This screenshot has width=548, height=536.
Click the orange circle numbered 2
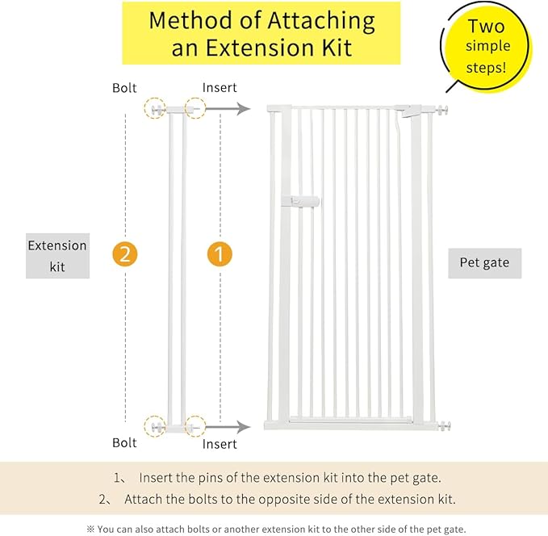pos(125,253)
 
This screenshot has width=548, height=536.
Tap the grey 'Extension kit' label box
pos(57,256)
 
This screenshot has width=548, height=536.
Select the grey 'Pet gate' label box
pos(484,262)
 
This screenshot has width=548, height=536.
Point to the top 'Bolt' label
pos(125,88)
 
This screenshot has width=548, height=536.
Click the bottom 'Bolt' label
pos(125,443)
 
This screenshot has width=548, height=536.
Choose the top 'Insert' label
pos(220,88)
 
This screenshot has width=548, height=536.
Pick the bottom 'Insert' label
pos(220,444)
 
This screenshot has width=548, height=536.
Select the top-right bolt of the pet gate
pos(442,110)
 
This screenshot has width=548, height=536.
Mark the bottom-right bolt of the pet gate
pos(442,425)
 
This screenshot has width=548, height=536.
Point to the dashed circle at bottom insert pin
pos(195,425)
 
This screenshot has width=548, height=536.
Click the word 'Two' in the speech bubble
pos(487,27)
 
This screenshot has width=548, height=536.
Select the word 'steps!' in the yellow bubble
pos(487,67)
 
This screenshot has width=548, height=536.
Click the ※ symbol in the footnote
pos(90,529)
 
